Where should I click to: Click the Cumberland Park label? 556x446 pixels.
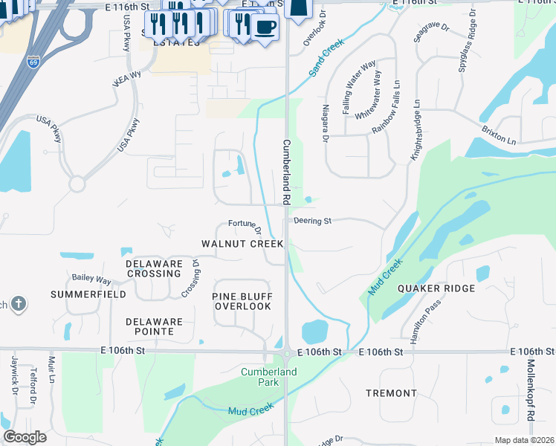point(268,377)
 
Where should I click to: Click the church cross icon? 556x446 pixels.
point(19,303)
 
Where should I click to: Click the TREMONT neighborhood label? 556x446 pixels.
point(392,392)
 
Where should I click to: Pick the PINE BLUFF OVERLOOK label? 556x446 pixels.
point(242,301)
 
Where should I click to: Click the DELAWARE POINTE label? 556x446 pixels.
point(154,326)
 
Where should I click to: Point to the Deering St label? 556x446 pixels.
point(311,221)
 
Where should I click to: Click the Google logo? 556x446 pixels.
point(25,436)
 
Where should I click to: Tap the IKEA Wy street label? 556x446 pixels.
point(126,79)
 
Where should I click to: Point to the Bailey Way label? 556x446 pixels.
point(91,279)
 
